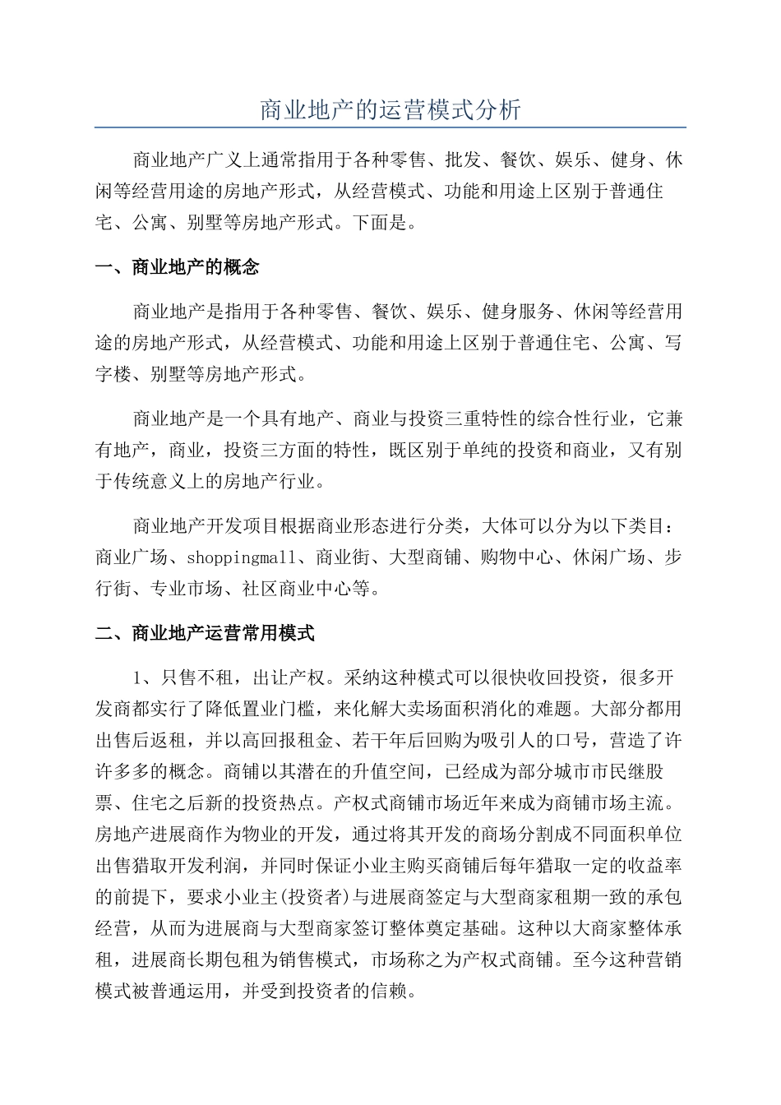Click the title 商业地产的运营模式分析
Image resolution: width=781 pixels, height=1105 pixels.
click(390, 109)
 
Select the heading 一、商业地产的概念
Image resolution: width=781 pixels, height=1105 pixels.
click(178, 267)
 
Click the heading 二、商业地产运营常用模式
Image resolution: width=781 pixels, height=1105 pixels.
click(206, 633)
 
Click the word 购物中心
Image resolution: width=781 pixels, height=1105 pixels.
click(516, 557)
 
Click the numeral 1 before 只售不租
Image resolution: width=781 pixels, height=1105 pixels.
click(138, 679)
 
